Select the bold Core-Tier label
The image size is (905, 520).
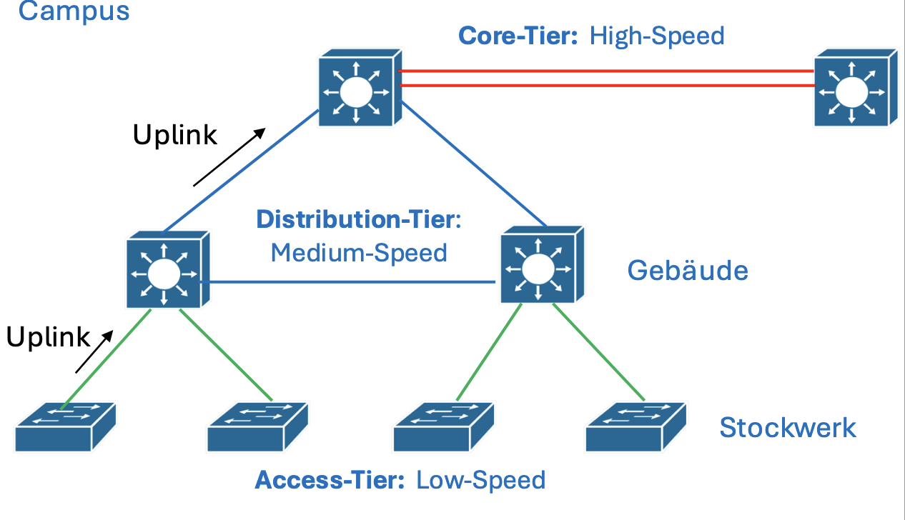point(518,35)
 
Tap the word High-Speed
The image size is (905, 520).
point(657,35)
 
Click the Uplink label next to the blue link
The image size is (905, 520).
point(175,134)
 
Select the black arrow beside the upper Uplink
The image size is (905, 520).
point(229,157)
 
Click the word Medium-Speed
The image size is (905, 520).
point(359,253)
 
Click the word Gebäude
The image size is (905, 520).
point(688,270)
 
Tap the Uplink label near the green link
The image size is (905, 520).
point(49,337)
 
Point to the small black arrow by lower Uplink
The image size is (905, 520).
point(95,351)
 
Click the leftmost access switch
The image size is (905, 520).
point(64,426)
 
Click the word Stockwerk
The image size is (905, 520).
point(788,427)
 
